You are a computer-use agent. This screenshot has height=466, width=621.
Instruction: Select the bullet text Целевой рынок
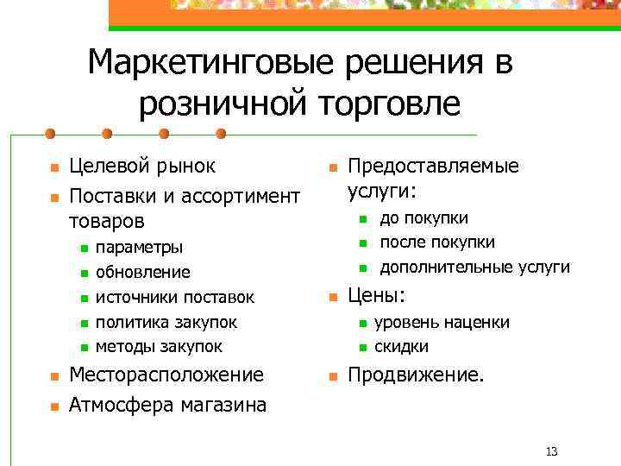(142, 167)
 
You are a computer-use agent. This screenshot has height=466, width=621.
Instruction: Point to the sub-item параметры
(139, 248)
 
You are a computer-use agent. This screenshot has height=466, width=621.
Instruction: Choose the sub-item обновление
(143, 273)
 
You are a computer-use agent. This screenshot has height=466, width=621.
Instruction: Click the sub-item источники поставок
(175, 298)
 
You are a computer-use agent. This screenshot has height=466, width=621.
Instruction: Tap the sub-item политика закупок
(166, 322)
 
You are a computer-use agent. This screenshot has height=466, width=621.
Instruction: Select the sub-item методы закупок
(159, 347)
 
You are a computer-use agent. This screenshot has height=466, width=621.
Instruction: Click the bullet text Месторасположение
(166, 375)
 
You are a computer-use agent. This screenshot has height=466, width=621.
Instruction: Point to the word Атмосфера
(122, 404)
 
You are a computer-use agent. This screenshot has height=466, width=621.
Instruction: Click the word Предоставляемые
(433, 166)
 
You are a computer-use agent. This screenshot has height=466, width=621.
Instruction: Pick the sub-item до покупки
(424, 217)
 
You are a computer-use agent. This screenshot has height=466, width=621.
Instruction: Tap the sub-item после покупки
(437, 242)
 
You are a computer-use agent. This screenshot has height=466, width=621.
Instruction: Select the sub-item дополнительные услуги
(475, 267)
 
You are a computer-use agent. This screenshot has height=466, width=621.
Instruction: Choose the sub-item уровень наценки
(442, 323)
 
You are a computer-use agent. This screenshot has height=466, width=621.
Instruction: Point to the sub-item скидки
(401, 347)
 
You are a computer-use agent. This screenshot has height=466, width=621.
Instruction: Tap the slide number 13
(553, 451)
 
